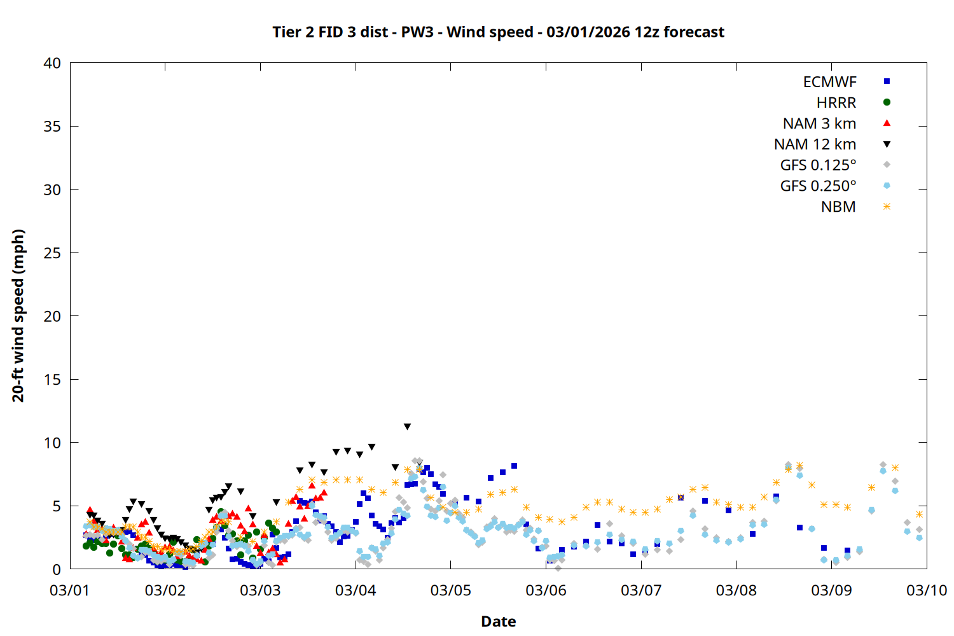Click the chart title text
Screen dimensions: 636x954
point(498,32)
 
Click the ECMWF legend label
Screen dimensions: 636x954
point(829,82)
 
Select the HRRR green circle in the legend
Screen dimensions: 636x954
point(887,102)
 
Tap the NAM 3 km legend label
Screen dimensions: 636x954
point(819,123)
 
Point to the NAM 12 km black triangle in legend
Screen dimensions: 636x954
point(887,144)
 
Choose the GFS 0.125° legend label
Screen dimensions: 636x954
point(818,165)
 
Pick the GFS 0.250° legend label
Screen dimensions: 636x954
point(818,186)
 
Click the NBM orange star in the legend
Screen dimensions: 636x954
point(887,207)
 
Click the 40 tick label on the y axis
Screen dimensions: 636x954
point(52,63)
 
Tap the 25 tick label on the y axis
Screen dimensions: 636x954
point(52,252)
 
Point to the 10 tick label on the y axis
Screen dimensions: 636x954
point(52,443)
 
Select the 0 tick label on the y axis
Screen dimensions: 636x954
point(57,569)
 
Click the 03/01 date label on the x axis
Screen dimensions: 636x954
point(70,590)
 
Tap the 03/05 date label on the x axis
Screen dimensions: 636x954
point(451,590)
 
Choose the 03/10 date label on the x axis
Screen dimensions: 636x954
point(927,590)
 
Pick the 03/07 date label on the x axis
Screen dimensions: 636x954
point(641,590)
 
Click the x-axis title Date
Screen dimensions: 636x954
point(498,621)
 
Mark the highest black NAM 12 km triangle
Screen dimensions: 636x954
point(407,427)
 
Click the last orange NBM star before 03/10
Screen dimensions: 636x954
point(919,514)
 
